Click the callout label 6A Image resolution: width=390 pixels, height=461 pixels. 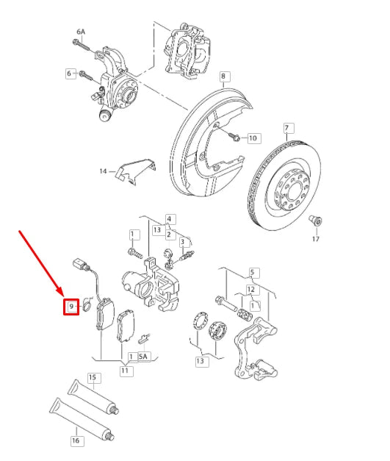coord(81,32)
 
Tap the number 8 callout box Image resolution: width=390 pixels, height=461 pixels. coord(224,76)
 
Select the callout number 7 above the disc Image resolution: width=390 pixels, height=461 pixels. coord(289,128)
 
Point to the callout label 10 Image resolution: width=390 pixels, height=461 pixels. coord(253,138)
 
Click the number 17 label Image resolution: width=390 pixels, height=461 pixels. coord(316,238)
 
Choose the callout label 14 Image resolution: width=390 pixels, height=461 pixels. coord(103,171)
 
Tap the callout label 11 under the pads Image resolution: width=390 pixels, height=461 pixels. coord(126,371)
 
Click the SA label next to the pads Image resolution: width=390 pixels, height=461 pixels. coord(142,357)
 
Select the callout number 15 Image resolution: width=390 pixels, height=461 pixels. coord(93,378)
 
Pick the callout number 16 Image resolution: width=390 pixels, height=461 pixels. coord(75,441)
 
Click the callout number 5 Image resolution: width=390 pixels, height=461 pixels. coord(253,272)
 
